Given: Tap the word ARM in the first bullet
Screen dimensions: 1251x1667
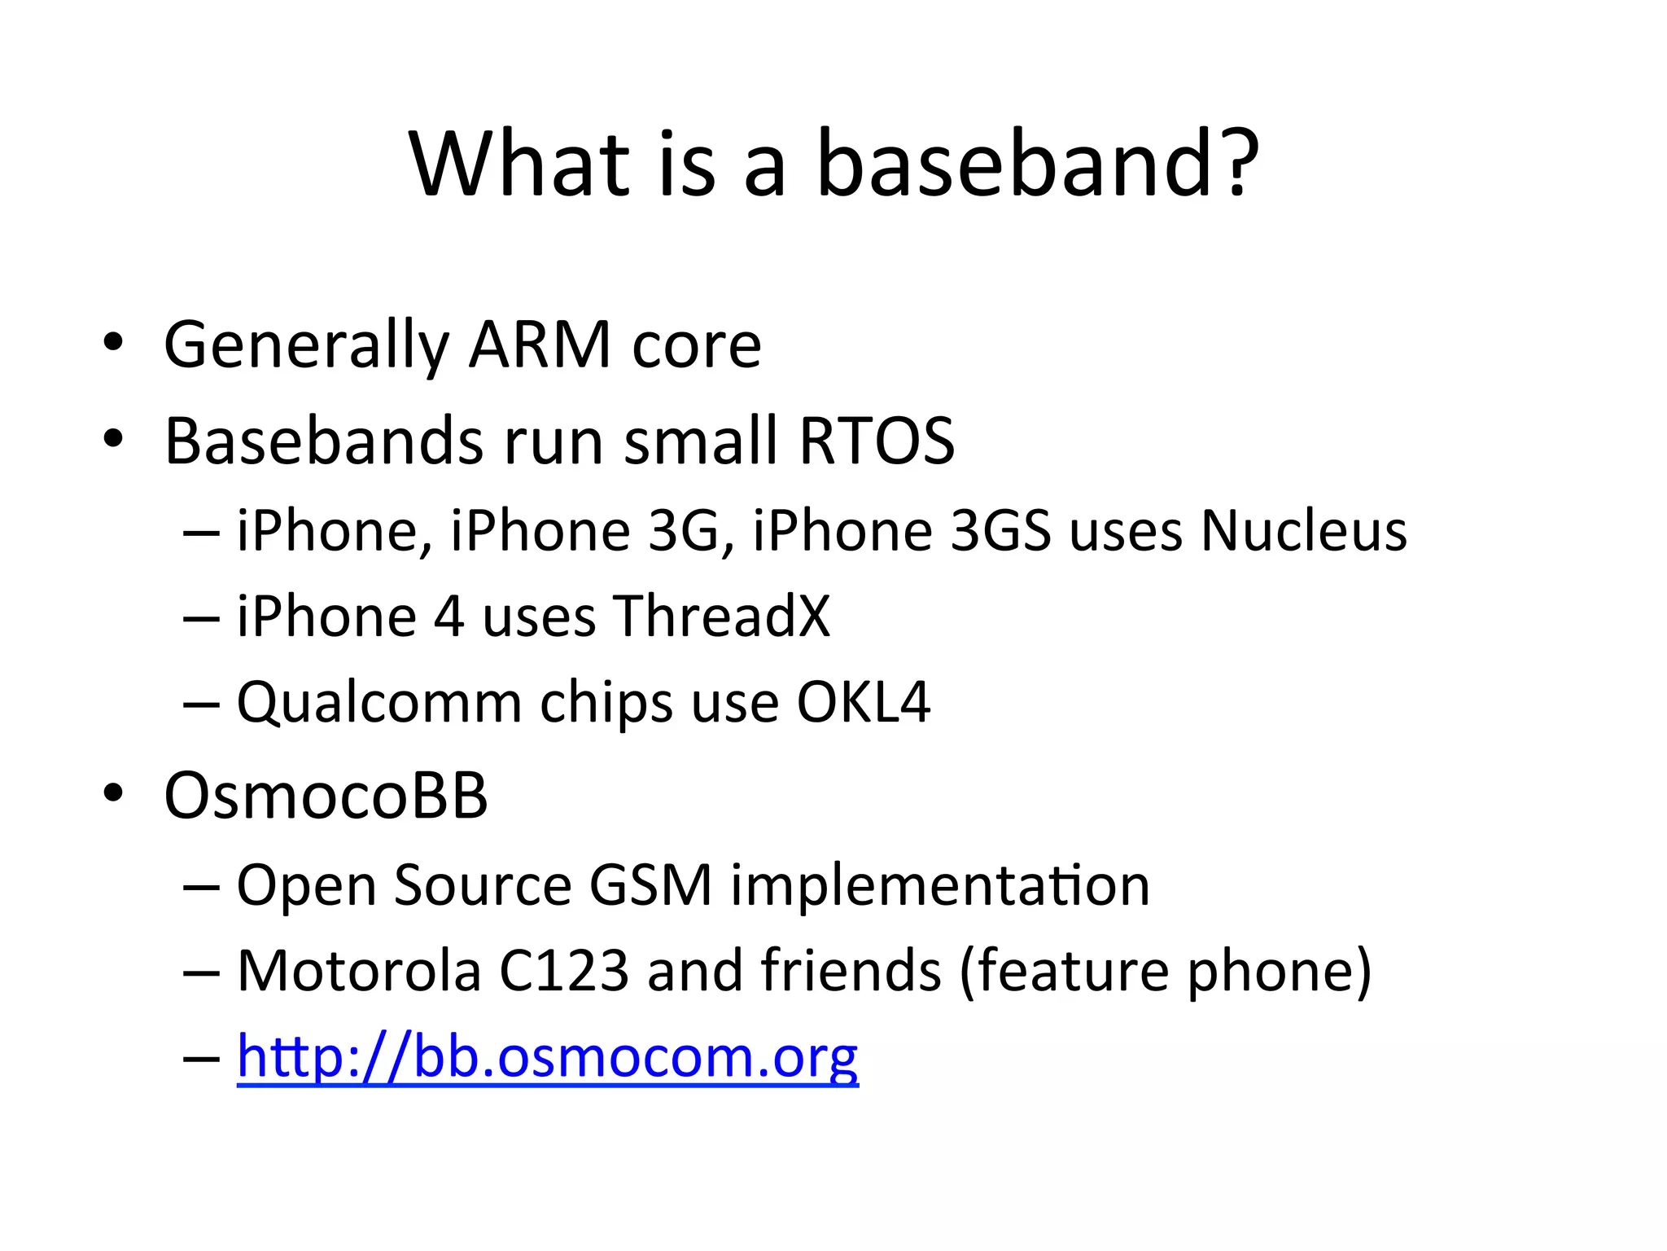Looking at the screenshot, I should coord(540,345).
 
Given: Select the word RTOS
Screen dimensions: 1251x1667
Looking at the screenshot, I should coord(876,441).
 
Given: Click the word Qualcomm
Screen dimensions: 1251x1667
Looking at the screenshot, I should coord(378,703).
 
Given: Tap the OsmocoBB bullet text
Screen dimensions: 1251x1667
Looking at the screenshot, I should coord(326,795).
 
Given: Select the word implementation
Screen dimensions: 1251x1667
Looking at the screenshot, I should coord(939,886).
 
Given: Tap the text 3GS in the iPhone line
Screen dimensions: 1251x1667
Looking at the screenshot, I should coord(1000,531).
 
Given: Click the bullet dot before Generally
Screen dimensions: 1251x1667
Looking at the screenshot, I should coord(113,343).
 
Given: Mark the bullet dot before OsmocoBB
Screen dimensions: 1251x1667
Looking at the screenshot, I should coord(113,793).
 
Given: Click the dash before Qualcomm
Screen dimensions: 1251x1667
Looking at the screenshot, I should coord(201,703).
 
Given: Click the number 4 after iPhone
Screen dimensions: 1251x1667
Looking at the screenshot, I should coord(448,616).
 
